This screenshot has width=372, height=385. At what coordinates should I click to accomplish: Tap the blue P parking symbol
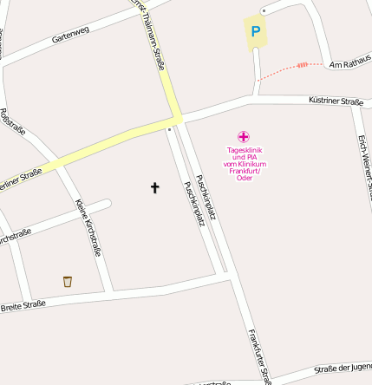[x=255, y=32]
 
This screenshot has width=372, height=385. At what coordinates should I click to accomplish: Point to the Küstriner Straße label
[x=336, y=101]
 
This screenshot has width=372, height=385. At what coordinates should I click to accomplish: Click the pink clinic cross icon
[x=244, y=136]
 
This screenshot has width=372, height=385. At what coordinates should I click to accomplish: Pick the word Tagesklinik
[x=244, y=149]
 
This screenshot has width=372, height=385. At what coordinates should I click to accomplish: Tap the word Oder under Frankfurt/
[x=244, y=178]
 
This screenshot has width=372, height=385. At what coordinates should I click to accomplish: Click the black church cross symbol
[x=155, y=186]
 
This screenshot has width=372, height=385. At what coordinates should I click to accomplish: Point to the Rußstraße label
[x=14, y=122]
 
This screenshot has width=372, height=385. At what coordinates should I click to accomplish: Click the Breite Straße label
[x=23, y=307]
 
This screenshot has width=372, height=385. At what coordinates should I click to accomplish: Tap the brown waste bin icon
[x=68, y=281]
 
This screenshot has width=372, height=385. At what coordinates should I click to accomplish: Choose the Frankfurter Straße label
[x=258, y=356]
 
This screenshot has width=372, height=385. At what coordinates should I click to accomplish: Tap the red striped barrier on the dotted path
[x=302, y=64]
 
